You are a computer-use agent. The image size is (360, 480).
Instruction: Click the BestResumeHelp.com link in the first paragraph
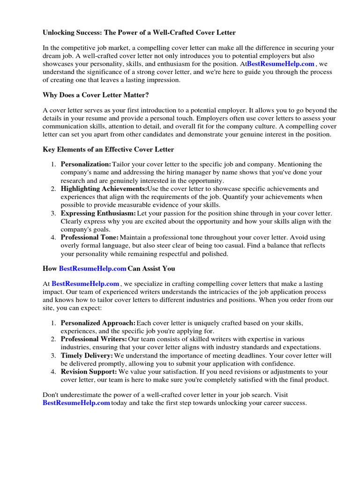280,64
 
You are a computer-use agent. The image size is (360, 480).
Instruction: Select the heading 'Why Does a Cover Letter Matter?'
96,95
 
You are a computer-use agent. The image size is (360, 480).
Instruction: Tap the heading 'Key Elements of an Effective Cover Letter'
108,150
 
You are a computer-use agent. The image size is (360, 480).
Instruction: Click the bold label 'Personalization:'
86,165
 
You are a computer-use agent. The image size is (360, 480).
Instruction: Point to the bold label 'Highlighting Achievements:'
104,189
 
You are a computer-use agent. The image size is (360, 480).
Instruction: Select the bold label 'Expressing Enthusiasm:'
98,213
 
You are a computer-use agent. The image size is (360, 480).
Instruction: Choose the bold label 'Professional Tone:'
90,238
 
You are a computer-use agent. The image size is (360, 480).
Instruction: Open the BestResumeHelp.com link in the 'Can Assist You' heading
92,269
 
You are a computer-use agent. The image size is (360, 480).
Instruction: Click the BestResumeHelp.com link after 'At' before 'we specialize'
85,284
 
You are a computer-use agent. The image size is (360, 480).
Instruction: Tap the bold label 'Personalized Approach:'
98,323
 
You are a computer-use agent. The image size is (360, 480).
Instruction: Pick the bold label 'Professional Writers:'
94,339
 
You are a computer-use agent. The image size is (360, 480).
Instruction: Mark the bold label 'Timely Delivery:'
87,356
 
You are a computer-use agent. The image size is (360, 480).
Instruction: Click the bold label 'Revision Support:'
89,372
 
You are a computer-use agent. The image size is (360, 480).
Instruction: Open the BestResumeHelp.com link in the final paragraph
76,403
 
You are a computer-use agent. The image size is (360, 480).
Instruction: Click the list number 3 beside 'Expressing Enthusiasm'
53,213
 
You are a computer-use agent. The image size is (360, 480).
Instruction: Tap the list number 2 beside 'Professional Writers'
53,339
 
